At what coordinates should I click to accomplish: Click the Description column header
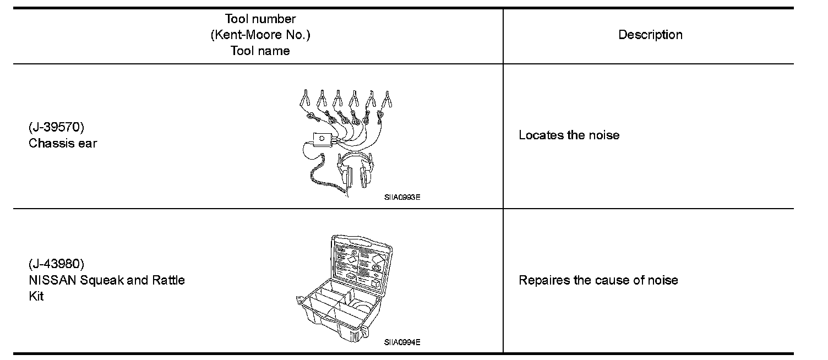[x=650, y=35]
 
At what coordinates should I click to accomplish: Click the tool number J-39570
[x=56, y=128]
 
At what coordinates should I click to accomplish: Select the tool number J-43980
[x=57, y=264]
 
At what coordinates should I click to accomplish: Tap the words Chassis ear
[x=63, y=144]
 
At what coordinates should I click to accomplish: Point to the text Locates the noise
[x=569, y=135]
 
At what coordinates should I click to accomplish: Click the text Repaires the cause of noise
[x=598, y=280]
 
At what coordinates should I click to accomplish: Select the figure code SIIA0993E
[x=402, y=197]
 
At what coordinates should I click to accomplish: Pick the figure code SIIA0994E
[x=402, y=342]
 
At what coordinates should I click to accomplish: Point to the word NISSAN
[x=53, y=280]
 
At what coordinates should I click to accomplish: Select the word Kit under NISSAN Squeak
[x=36, y=296]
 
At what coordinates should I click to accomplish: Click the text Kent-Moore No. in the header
[x=260, y=35]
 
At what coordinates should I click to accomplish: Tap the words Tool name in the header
[x=260, y=51]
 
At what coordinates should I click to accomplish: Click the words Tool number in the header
[x=260, y=20]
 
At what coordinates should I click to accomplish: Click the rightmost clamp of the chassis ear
[x=388, y=100]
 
